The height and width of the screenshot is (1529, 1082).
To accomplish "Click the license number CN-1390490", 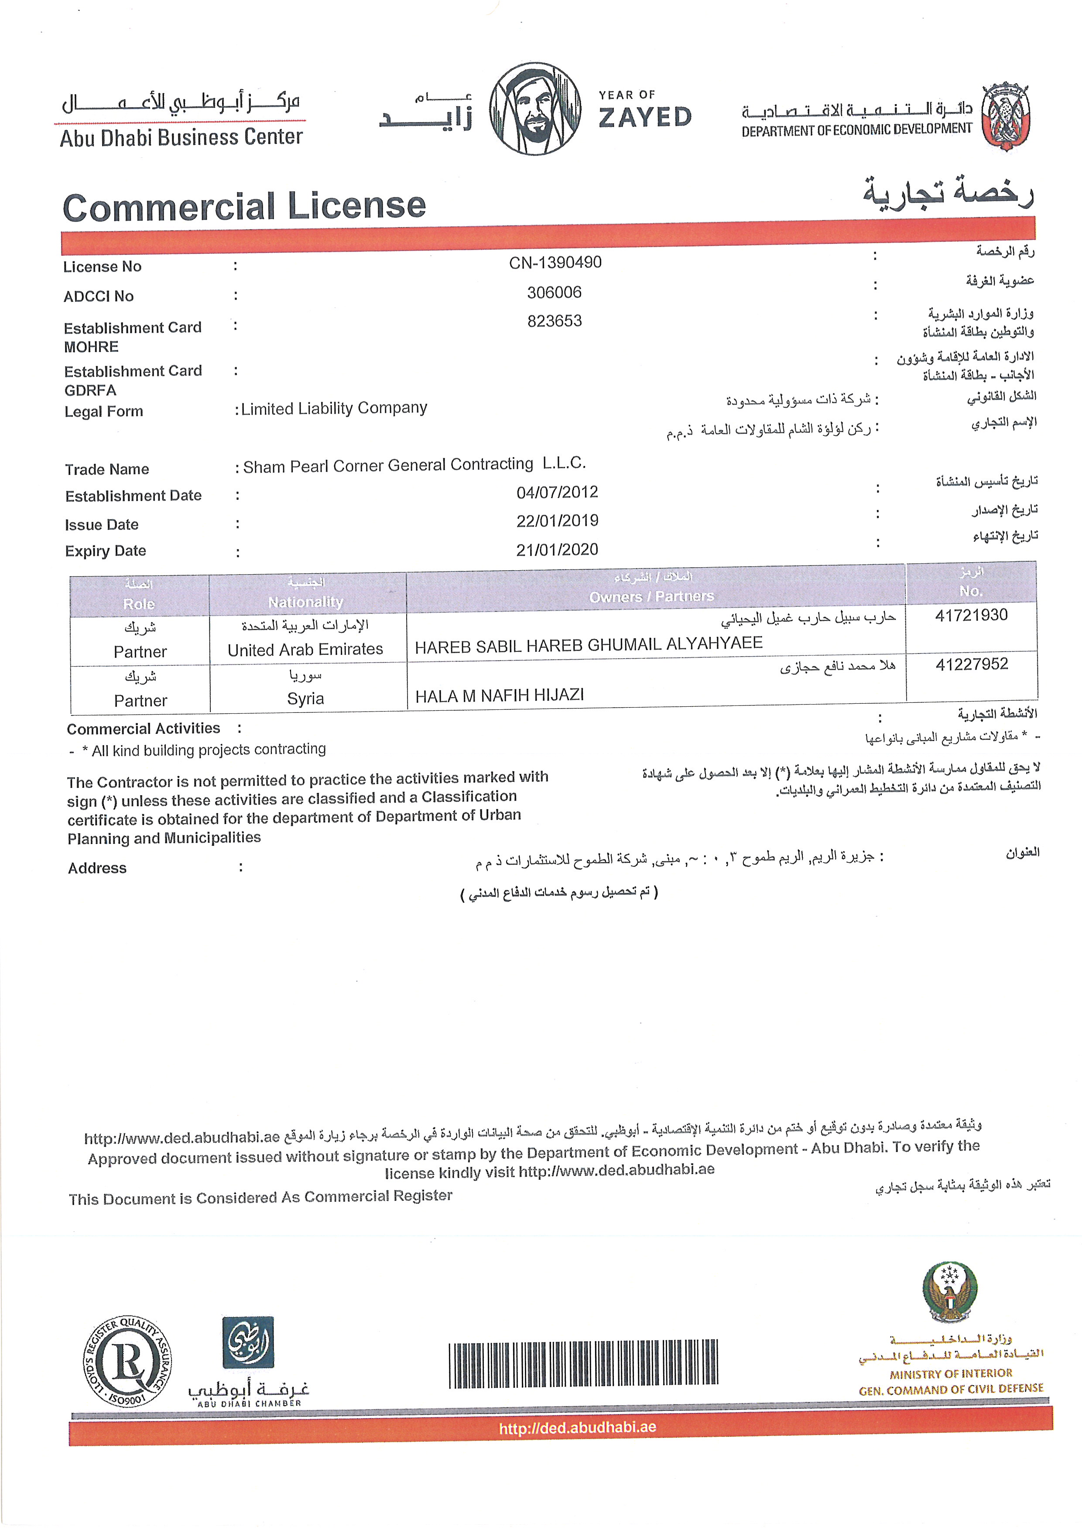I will pos(555,262).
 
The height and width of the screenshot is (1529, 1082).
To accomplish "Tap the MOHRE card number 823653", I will pos(555,321).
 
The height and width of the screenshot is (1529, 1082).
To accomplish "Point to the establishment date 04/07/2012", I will pos(557,492).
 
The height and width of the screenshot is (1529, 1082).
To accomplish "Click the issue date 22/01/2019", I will pos(557,521).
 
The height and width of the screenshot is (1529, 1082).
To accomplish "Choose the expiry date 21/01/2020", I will pos(557,549).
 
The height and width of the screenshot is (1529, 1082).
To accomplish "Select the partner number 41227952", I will pos(972,664).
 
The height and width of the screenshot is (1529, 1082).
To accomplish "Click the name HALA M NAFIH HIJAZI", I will pos(500,696).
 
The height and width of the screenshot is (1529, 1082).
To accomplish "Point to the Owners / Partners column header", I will pos(651,596).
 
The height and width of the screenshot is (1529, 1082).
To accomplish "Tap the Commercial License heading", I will pos(244,207).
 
